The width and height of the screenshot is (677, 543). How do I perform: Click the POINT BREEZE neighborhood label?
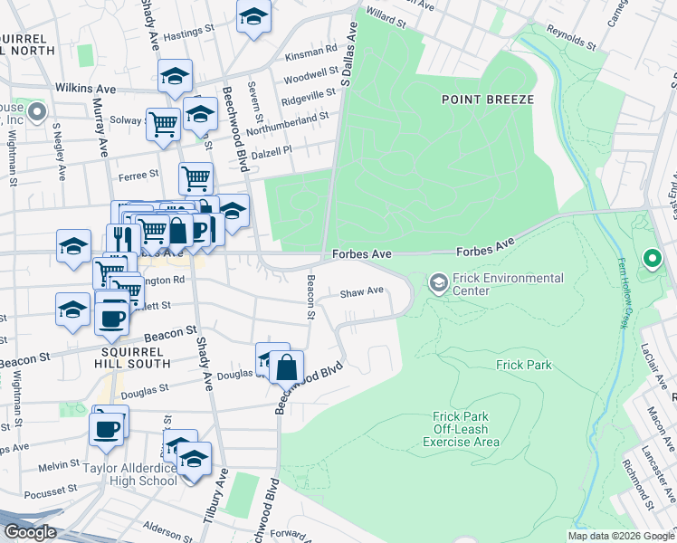tap(488, 99)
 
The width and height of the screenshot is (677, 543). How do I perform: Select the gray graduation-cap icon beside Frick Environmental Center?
tap(438, 284)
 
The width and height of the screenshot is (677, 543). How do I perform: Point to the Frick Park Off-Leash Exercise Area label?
tap(461, 430)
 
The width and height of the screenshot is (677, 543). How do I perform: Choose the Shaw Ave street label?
tap(362, 291)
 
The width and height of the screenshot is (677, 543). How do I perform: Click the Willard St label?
tap(385, 16)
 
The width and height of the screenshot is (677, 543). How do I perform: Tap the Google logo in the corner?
tap(30, 531)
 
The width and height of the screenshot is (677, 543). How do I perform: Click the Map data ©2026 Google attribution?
tap(620, 536)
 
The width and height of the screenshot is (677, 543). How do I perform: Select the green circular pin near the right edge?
tap(652, 260)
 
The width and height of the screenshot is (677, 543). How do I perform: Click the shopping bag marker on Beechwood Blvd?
tap(286, 367)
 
